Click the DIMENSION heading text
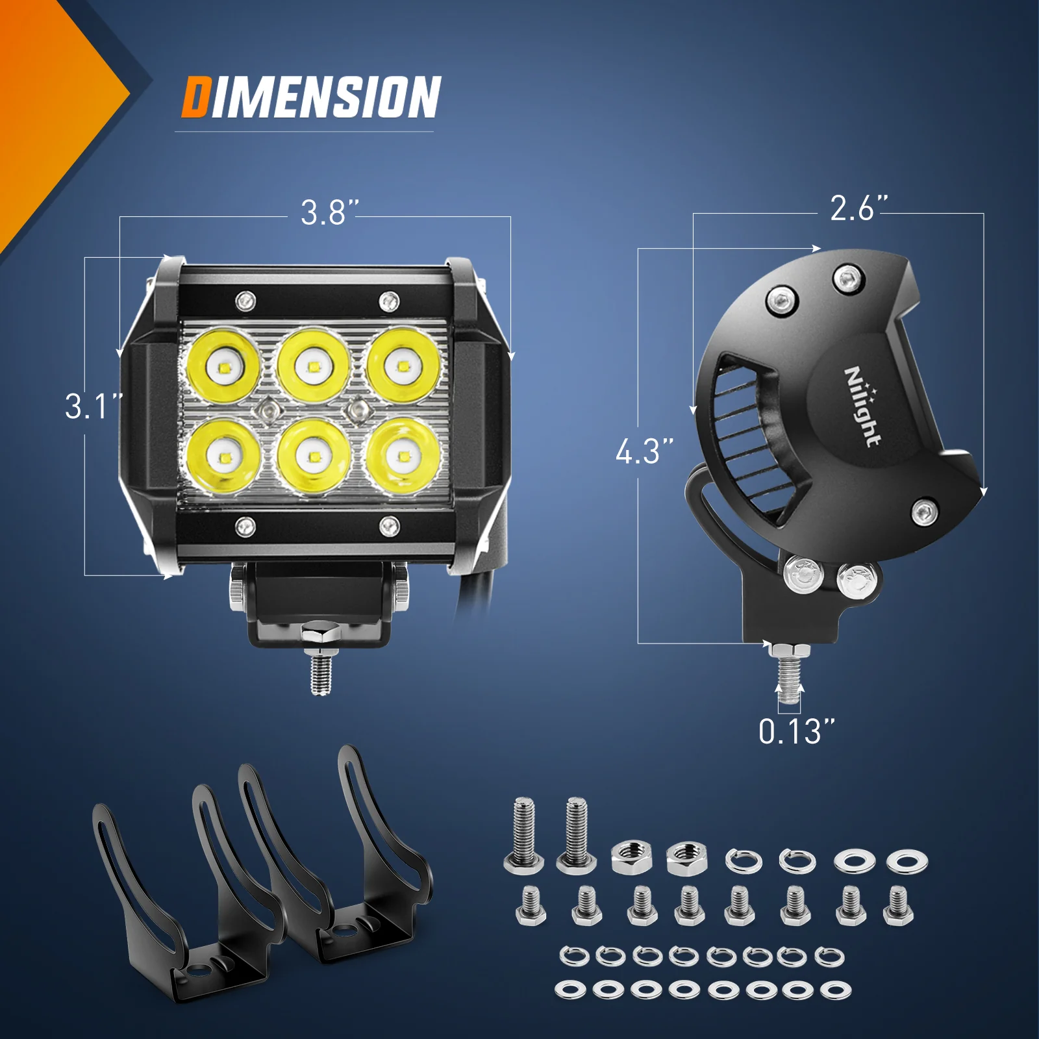pos(310,97)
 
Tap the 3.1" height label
pos(93,407)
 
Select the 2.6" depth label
pos(858,208)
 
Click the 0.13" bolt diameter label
pos(796,732)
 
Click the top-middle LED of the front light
pos(312,366)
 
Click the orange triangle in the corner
pos(45,110)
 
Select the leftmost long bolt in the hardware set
pos(523,835)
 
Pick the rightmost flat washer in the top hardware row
pos(907,862)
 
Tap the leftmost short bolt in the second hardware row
pos(531,906)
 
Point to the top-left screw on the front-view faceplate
pos(245,301)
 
